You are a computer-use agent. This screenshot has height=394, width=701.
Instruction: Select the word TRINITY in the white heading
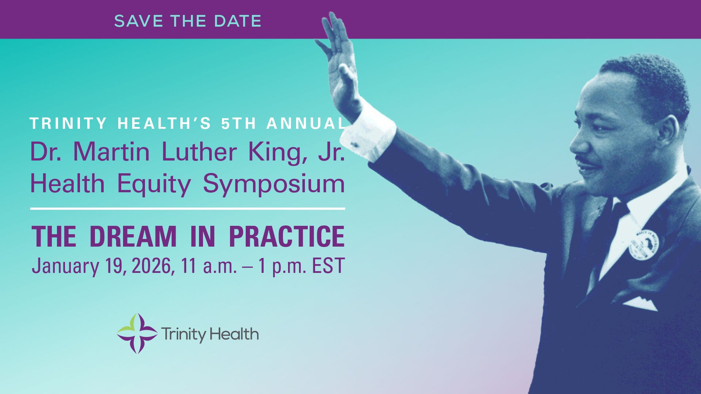pos(68,123)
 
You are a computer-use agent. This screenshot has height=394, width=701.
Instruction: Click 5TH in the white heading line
pos(239,123)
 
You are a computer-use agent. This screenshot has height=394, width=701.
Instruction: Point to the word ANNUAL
pos(306,123)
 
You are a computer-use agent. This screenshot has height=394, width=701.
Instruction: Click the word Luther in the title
pos(199,151)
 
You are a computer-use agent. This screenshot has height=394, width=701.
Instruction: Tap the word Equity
pos(154,184)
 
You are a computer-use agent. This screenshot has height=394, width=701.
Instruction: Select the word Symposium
pos(274,184)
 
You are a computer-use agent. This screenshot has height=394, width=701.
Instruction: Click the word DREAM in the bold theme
pos(133,237)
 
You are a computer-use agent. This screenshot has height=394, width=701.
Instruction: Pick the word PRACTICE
pos(287,237)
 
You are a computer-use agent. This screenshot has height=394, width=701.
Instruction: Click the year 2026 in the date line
pos(151,266)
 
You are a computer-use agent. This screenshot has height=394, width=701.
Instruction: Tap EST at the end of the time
pos(328,266)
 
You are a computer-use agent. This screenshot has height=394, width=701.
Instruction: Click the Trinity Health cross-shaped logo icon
pos(137,333)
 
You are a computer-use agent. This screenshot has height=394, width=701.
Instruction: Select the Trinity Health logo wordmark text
pos(210,334)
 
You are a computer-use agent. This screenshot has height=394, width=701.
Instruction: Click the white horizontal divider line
pos(187,209)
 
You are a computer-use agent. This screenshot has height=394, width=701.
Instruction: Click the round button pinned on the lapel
pos(644,245)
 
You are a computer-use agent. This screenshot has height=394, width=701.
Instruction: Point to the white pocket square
pos(640,304)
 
